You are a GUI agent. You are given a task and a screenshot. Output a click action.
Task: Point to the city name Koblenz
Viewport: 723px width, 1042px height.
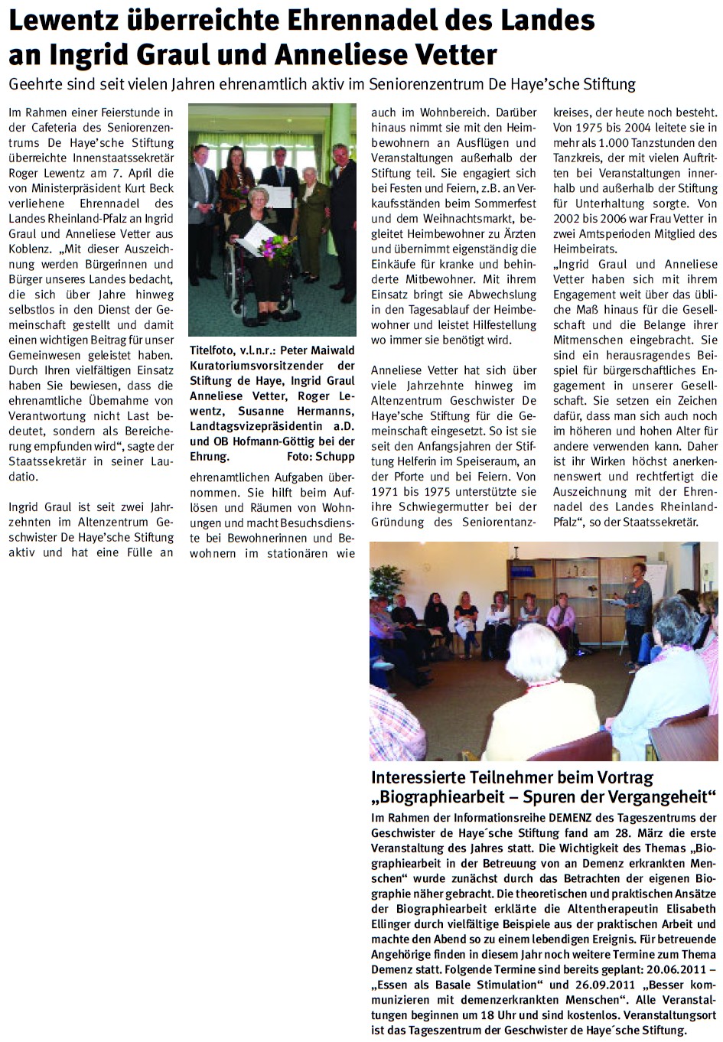point(30,249)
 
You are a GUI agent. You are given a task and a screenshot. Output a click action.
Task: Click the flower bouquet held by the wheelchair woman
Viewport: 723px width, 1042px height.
point(276,246)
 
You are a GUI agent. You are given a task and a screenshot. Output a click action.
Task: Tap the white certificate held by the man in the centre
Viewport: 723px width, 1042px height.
point(279,196)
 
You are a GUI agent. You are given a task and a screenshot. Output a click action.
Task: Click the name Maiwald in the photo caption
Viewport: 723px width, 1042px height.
point(332,350)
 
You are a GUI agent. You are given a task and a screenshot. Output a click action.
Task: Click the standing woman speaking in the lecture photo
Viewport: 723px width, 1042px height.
point(637,604)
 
